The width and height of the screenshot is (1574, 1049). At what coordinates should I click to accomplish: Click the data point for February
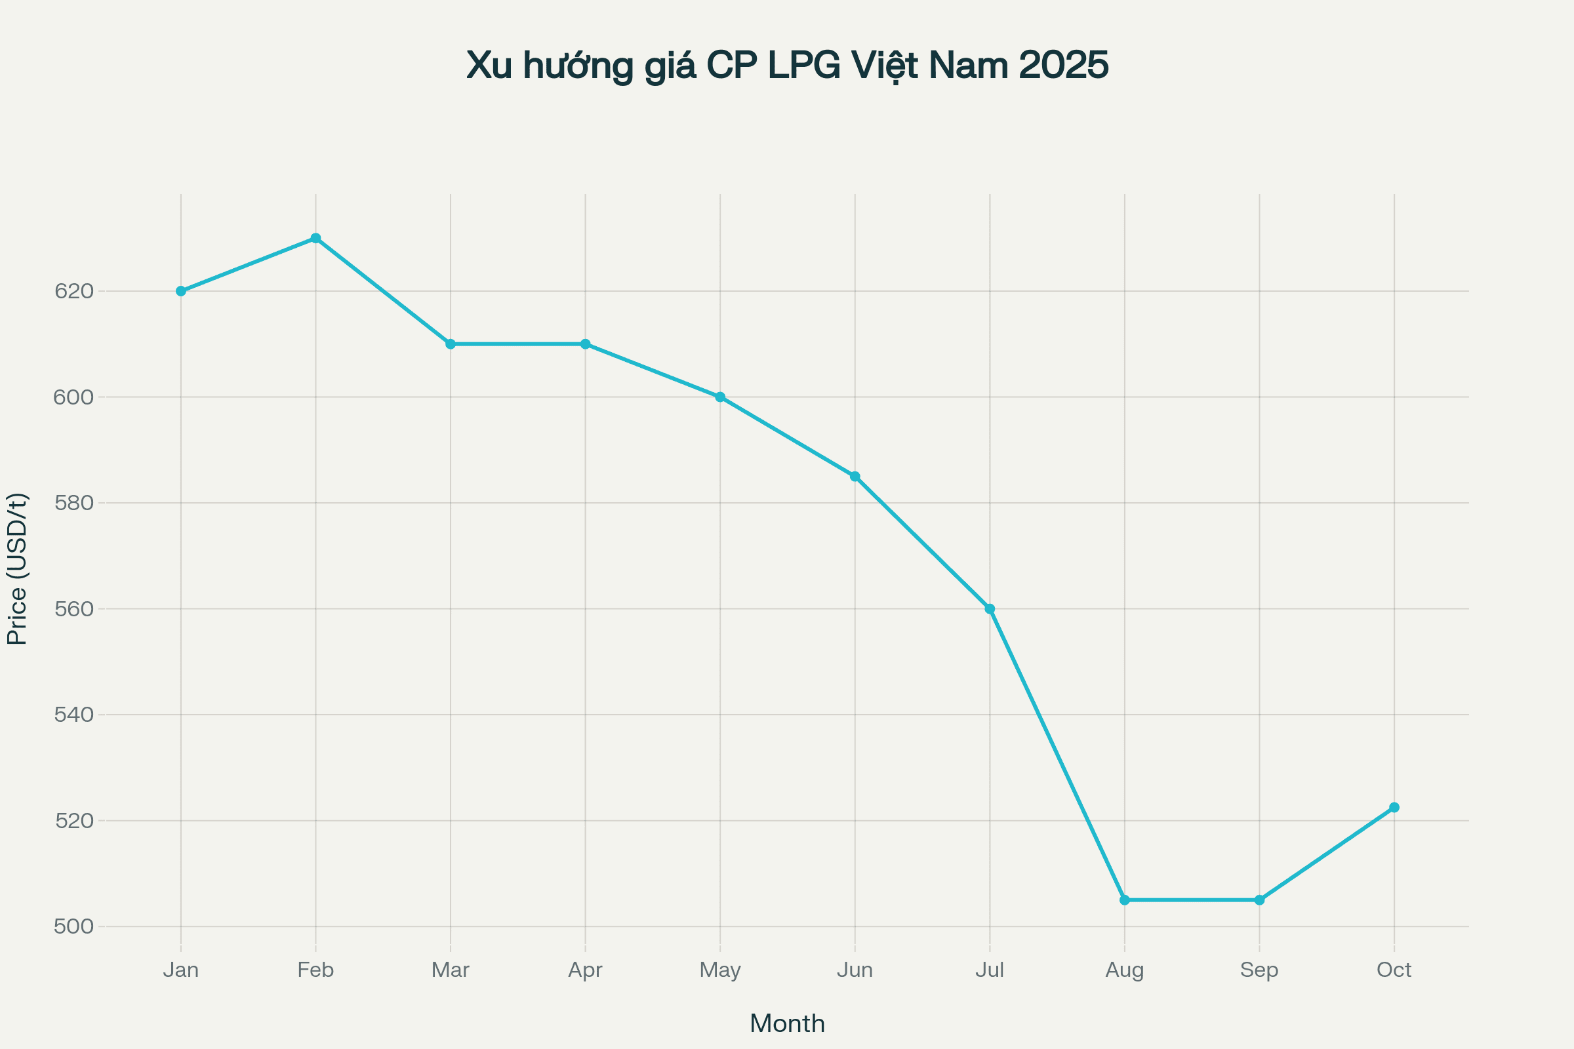pyautogui.click(x=316, y=238)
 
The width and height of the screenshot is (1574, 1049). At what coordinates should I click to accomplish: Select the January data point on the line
pyautogui.click(x=181, y=291)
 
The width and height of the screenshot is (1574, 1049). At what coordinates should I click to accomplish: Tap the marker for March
pyautogui.click(x=451, y=344)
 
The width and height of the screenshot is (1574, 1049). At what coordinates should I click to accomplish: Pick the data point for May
pyautogui.click(x=720, y=397)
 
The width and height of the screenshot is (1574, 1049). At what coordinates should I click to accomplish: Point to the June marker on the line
pyautogui.click(x=855, y=477)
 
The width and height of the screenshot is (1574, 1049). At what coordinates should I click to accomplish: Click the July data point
pyautogui.click(x=990, y=609)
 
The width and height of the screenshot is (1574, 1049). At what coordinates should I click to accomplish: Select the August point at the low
pyautogui.click(x=1125, y=900)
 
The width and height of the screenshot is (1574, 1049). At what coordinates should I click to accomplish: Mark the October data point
pyautogui.click(x=1394, y=808)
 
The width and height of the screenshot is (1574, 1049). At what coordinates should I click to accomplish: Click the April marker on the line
pyautogui.click(x=586, y=344)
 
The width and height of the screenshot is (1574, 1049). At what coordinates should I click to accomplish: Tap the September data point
pyautogui.click(x=1259, y=900)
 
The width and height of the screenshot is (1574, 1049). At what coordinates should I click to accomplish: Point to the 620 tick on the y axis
pyautogui.click(x=73, y=292)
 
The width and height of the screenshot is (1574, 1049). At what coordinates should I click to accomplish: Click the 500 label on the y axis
pyautogui.click(x=73, y=927)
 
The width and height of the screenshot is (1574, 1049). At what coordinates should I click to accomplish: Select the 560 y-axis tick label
pyautogui.click(x=73, y=610)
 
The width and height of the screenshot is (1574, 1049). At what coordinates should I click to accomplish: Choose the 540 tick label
pyautogui.click(x=73, y=715)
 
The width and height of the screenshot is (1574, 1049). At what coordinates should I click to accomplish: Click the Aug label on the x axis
pyautogui.click(x=1125, y=970)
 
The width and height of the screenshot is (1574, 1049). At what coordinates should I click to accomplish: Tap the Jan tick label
pyautogui.click(x=181, y=970)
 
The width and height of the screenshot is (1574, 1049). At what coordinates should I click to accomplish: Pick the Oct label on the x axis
pyautogui.click(x=1394, y=970)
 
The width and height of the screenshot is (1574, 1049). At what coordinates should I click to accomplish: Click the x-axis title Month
pyautogui.click(x=787, y=1023)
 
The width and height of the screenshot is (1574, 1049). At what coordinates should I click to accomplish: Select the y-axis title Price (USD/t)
pyautogui.click(x=18, y=568)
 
